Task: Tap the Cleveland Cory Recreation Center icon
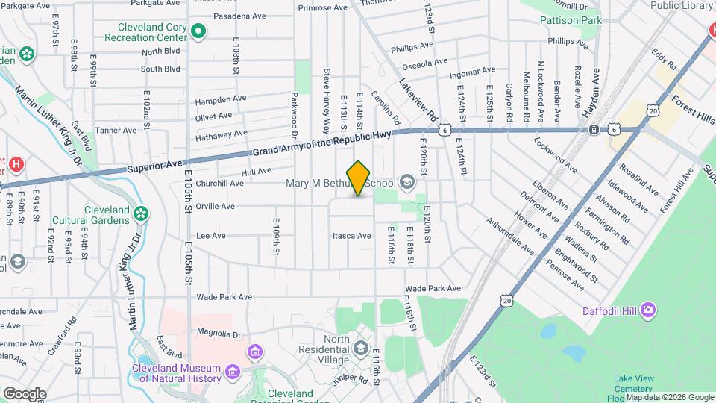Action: click(198, 31)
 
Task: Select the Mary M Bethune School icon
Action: click(407, 182)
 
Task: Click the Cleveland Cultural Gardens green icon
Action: click(140, 215)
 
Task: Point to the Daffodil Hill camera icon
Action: click(648, 309)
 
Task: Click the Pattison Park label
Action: click(570, 21)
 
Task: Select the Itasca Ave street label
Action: click(352, 236)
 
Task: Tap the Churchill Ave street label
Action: click(219, 183)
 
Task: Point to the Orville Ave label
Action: click(215, 206)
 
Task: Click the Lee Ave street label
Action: click(210, 236)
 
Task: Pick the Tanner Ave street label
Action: click(116, 130)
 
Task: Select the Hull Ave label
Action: click(257, 171)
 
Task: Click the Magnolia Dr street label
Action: click(219, 333)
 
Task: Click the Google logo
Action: click(25, 393)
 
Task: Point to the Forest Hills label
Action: click(693, 109)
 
